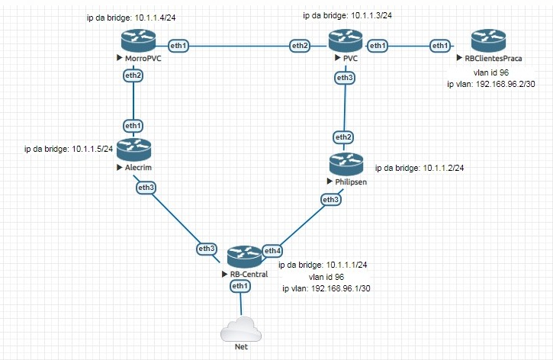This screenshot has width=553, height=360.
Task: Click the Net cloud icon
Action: (240, 332)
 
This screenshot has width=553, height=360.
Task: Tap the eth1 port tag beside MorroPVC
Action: (178, 46)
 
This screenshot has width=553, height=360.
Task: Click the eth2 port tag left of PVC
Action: (301, 46)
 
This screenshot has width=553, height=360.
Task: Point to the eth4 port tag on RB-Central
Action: (272, 250)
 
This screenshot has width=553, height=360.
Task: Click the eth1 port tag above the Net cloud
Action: (240, 285)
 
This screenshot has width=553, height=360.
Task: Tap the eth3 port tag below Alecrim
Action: (146, 186)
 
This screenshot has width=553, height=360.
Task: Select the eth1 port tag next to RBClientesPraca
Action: (439, 46)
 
